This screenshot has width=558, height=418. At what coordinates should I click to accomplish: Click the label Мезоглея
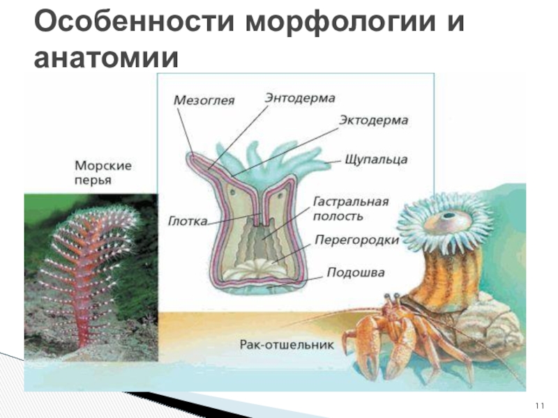coord(204,100)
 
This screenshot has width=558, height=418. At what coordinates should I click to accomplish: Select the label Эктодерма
coord(373,121)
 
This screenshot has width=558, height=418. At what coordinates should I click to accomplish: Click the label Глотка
coord(187,222)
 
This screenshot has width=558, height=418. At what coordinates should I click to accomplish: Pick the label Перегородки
coord(356,240)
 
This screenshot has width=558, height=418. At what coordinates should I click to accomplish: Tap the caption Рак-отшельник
coord(287,344)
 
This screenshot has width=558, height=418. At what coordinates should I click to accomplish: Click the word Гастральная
coord(349,202)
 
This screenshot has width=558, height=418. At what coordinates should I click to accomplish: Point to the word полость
coord(338,216)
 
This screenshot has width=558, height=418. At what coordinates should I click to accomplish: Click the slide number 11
coord(539,405)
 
